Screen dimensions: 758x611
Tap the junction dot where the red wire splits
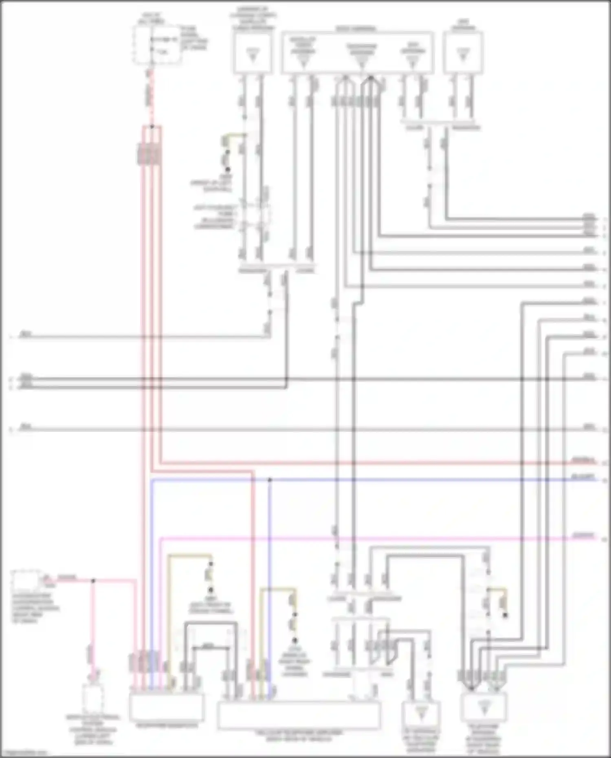152,127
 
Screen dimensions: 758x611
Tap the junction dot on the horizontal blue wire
269,480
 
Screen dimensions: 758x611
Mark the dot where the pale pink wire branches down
93,580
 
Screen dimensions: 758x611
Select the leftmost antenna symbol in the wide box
303,61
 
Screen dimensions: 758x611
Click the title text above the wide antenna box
356,29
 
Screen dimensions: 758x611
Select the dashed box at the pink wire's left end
27,580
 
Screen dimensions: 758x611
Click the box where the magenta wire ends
167,707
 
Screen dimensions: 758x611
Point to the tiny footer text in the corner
22,753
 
